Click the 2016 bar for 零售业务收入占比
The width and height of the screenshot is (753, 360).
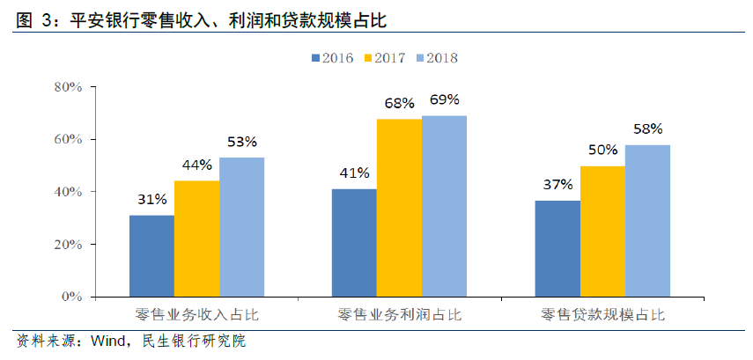(x=151, y=256)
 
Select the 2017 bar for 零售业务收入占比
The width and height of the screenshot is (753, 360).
(x=196, y=239)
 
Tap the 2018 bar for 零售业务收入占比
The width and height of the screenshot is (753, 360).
(x=241, y=227)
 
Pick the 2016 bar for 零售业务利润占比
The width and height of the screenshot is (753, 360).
(x=354, y=243)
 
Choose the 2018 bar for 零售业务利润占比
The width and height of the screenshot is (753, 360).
(x=444, y=206)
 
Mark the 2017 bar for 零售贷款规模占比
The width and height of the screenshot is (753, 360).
(x=602, y=231)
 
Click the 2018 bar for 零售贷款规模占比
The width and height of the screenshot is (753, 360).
(x=647, y=221)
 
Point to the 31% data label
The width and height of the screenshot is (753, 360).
(x=151, y=200)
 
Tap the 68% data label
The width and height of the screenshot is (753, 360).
(x=399, y=103)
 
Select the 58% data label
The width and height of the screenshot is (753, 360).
(x=647, y=129)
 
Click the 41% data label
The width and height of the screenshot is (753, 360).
(x=354, y=173)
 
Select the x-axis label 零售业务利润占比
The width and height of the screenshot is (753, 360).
(x=399, y=314)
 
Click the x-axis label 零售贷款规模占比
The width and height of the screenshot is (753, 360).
(x=602, y=314)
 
